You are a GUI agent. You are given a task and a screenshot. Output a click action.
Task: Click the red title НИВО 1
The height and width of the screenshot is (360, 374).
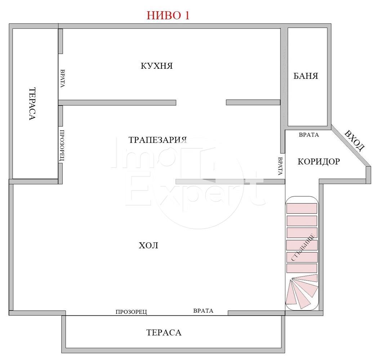(168, 15)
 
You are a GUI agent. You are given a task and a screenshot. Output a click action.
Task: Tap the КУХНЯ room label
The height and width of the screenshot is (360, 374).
(156, 66)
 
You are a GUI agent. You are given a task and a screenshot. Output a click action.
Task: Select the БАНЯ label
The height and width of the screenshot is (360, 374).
(306, 76)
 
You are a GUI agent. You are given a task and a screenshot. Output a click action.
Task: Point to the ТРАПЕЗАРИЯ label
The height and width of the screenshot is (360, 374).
(157, 140)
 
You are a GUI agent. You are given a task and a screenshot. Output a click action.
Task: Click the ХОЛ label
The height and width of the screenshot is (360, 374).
(148, 246)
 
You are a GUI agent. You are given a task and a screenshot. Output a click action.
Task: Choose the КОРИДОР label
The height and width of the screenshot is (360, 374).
(319, 162)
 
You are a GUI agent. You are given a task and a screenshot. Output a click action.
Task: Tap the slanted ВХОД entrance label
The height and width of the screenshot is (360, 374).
(355, 140)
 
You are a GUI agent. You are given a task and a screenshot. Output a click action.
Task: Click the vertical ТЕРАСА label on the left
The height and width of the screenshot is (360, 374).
(32, 104)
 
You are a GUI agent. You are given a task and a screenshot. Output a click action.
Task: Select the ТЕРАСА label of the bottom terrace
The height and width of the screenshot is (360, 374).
(164, 332)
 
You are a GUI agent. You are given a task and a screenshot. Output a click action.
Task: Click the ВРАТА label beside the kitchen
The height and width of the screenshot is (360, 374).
(62, 78)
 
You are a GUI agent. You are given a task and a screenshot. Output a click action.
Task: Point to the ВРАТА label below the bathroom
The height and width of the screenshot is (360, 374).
(309, 135)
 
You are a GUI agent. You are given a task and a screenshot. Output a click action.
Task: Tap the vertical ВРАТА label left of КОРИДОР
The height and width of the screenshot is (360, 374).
(280, 166)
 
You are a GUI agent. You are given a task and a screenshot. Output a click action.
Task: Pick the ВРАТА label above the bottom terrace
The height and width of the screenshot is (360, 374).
(203, 311)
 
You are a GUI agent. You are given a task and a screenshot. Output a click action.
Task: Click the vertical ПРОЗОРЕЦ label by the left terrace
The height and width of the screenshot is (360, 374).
(62, 145)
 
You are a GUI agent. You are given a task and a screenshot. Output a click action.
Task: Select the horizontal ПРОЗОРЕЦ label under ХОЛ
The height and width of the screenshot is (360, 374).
(131, 312)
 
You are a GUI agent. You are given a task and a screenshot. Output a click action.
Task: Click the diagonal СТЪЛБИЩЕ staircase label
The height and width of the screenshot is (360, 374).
(303, 248)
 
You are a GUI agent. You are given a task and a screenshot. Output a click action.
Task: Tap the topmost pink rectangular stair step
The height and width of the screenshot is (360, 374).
(302, 208)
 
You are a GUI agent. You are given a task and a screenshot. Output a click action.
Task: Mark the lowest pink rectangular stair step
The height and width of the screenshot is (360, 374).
(302, 268)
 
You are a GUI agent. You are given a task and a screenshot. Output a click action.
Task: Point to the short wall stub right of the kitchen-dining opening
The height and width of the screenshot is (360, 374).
(253, 103)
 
